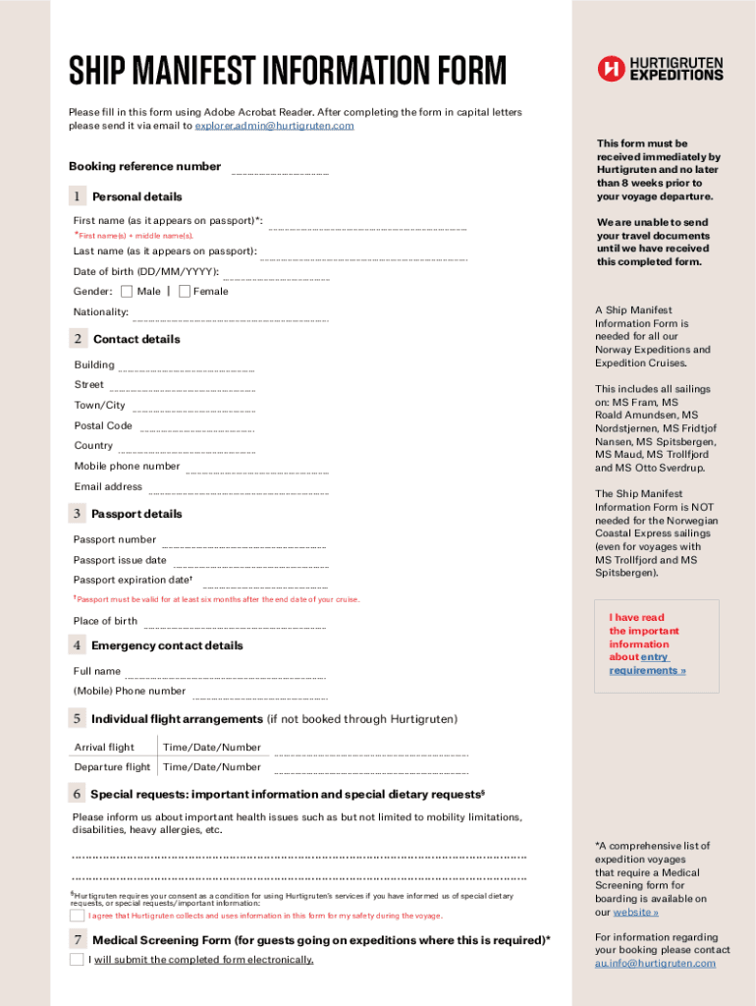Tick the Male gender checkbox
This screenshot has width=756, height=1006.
(127, 291)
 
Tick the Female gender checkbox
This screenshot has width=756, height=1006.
(185, 291)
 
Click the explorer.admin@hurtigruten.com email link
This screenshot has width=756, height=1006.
(274, 126)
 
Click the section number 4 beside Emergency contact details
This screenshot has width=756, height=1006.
(76, 645)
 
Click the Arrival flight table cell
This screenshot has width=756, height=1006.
(105, 748)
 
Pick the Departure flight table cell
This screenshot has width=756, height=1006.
(112, 767)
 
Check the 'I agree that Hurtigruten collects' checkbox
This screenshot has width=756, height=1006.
(77, 916)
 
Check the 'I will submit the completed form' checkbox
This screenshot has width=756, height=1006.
(77, 960)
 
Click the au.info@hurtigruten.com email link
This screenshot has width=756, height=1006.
(655, 964)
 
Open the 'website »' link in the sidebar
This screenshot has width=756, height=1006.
(635, 912)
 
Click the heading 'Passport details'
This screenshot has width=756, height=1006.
(136, 514)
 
